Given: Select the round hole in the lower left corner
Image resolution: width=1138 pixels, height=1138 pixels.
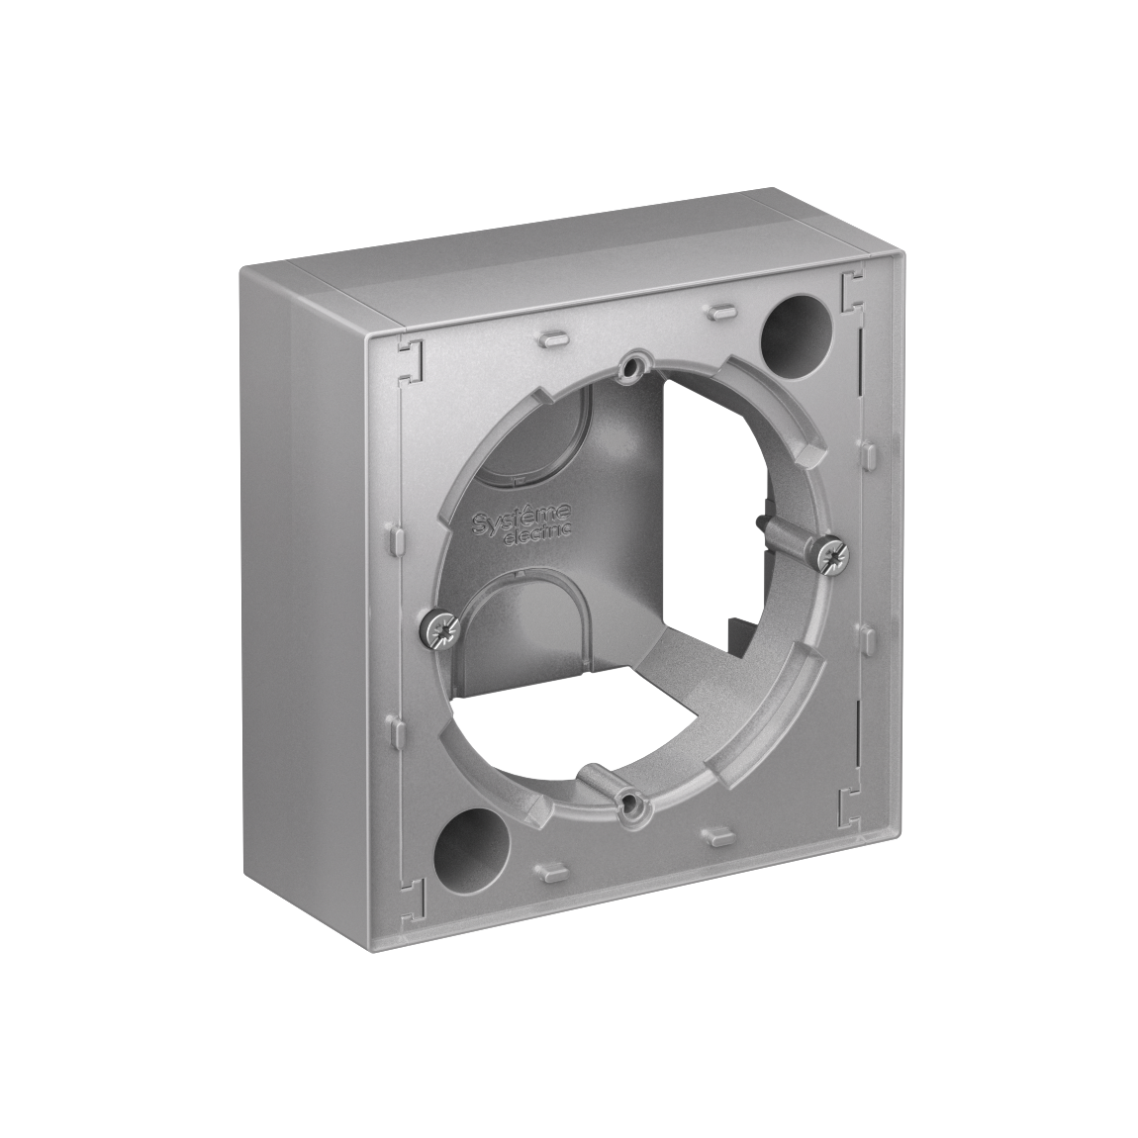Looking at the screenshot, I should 466,837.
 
